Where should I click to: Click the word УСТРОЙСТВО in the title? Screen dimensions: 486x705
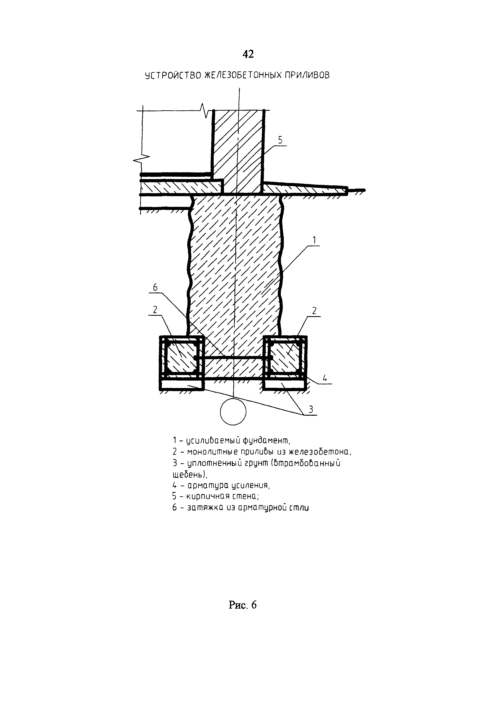coord(173,75)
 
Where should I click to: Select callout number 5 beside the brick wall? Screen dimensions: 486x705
coord(280,140)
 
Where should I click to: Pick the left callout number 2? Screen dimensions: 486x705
coord(155,310)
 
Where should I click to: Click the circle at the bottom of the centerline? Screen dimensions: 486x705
coord(233,412)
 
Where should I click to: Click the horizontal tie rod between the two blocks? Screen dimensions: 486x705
coord(233,357)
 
